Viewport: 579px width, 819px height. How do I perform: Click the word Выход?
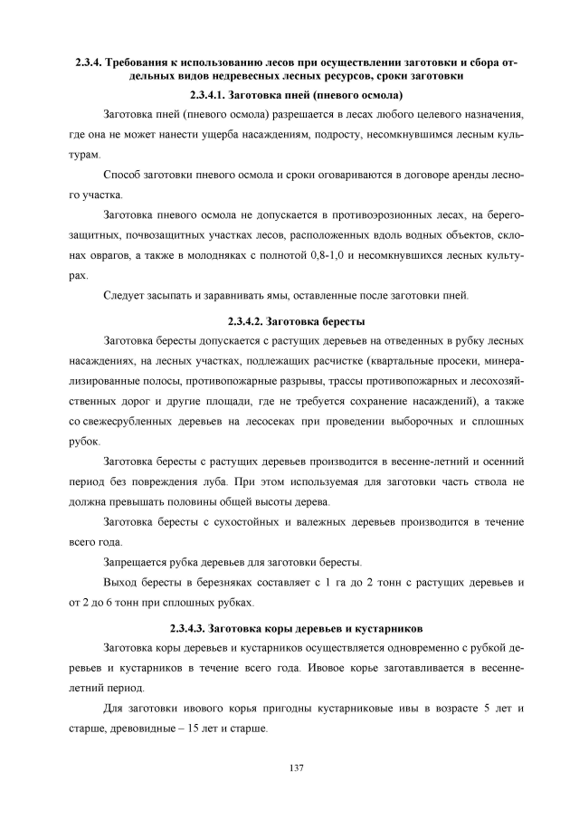(x=123, y=582)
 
